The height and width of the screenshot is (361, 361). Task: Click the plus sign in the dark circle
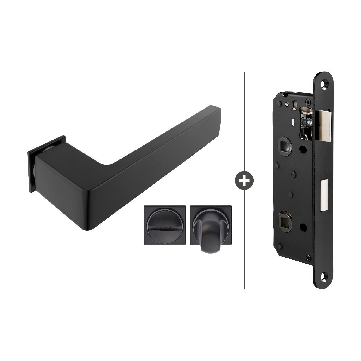244,180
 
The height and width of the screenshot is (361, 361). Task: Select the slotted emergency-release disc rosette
160,225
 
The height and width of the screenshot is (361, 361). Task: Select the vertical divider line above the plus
244,120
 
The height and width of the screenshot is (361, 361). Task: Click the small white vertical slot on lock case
293,122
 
